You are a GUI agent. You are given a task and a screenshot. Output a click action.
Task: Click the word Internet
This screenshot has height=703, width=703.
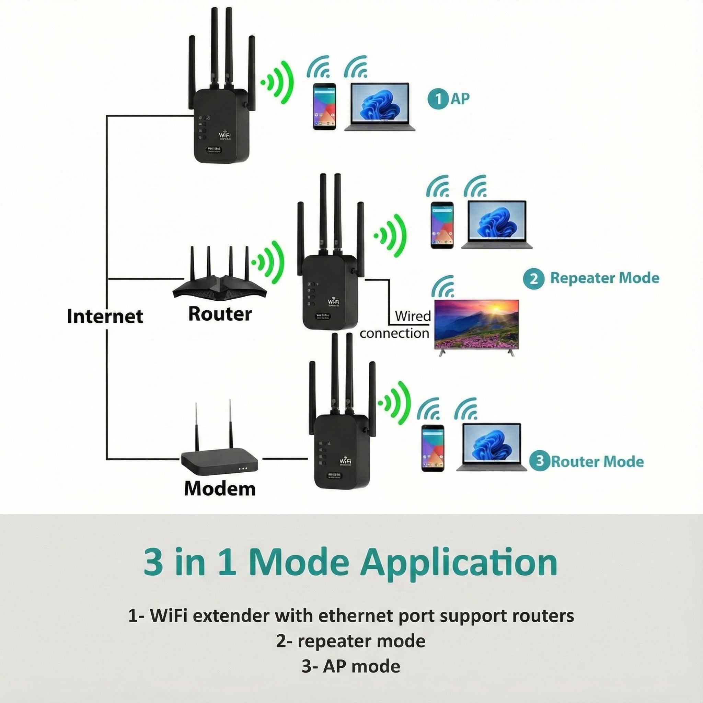coord(105,316)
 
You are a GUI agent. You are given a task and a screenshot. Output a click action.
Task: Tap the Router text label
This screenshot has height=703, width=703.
coord(220,314)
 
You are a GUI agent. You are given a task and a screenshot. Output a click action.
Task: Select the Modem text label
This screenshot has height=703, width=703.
coord(219,488)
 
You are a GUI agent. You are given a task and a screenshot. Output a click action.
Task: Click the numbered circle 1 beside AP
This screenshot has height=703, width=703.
coord(438,99)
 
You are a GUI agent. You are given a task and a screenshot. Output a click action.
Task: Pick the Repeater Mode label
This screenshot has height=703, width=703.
coord(604,278)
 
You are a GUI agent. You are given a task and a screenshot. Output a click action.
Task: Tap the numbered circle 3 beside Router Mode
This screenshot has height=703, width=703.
coord(540,461)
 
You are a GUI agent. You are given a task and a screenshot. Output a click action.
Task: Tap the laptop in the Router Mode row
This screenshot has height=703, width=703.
coord(491,448)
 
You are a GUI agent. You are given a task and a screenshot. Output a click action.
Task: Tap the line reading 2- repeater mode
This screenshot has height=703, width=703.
coord(351,641)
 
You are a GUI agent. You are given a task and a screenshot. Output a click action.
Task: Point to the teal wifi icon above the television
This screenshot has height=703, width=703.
coord(443,287)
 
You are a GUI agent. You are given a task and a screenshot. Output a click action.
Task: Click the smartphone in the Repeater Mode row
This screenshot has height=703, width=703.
coord(442,226)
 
